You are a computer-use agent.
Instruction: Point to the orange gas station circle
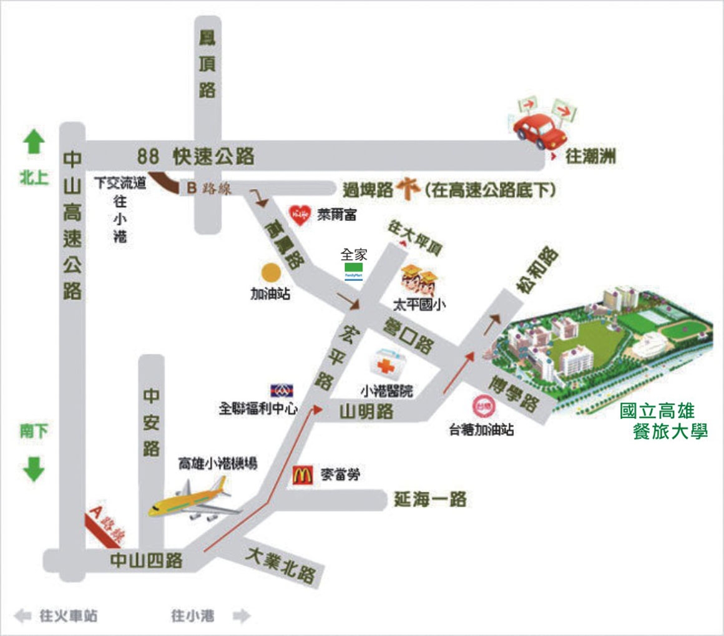click(x=270, y=273)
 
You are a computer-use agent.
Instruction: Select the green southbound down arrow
click(x=34, y=469)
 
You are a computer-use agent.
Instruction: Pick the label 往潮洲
click(x=590, y=157)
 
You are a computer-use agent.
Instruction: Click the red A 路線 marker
click(x=105, y=523)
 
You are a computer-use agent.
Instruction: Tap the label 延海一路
click(x=430, y=499)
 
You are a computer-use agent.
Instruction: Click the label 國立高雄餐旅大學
click(x=663, y=421)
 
